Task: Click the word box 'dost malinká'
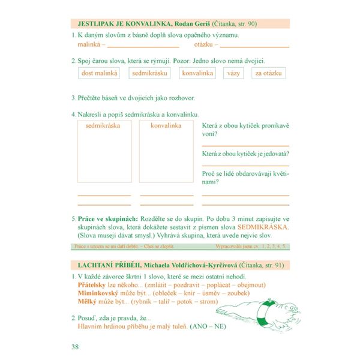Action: click(100, 73)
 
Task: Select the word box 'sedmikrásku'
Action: click(149, 73)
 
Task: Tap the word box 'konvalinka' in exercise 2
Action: click(198, 73)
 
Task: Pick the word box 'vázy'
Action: click(233, 73)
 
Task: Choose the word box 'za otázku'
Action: click(269, 73)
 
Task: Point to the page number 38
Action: click(75, 346)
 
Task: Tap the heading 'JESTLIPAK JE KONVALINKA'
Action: click(118, 24)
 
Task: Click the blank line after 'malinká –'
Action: click(143, 46)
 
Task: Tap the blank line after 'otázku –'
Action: click(254, 46)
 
